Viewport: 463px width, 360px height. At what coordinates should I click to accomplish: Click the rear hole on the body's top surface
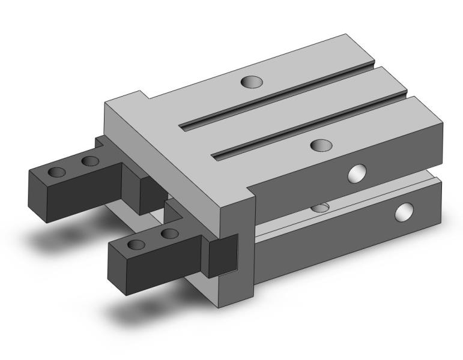(249, 82)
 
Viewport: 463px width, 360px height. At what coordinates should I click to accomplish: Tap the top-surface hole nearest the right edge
(321, 145)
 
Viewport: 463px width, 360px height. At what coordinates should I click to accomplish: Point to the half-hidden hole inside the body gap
(321, 208)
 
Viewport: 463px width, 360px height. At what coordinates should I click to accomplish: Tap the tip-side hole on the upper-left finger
(56, 172)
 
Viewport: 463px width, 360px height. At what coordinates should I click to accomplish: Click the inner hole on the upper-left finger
(90, 161)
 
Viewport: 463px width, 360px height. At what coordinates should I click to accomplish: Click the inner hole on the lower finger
(170, 233)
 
